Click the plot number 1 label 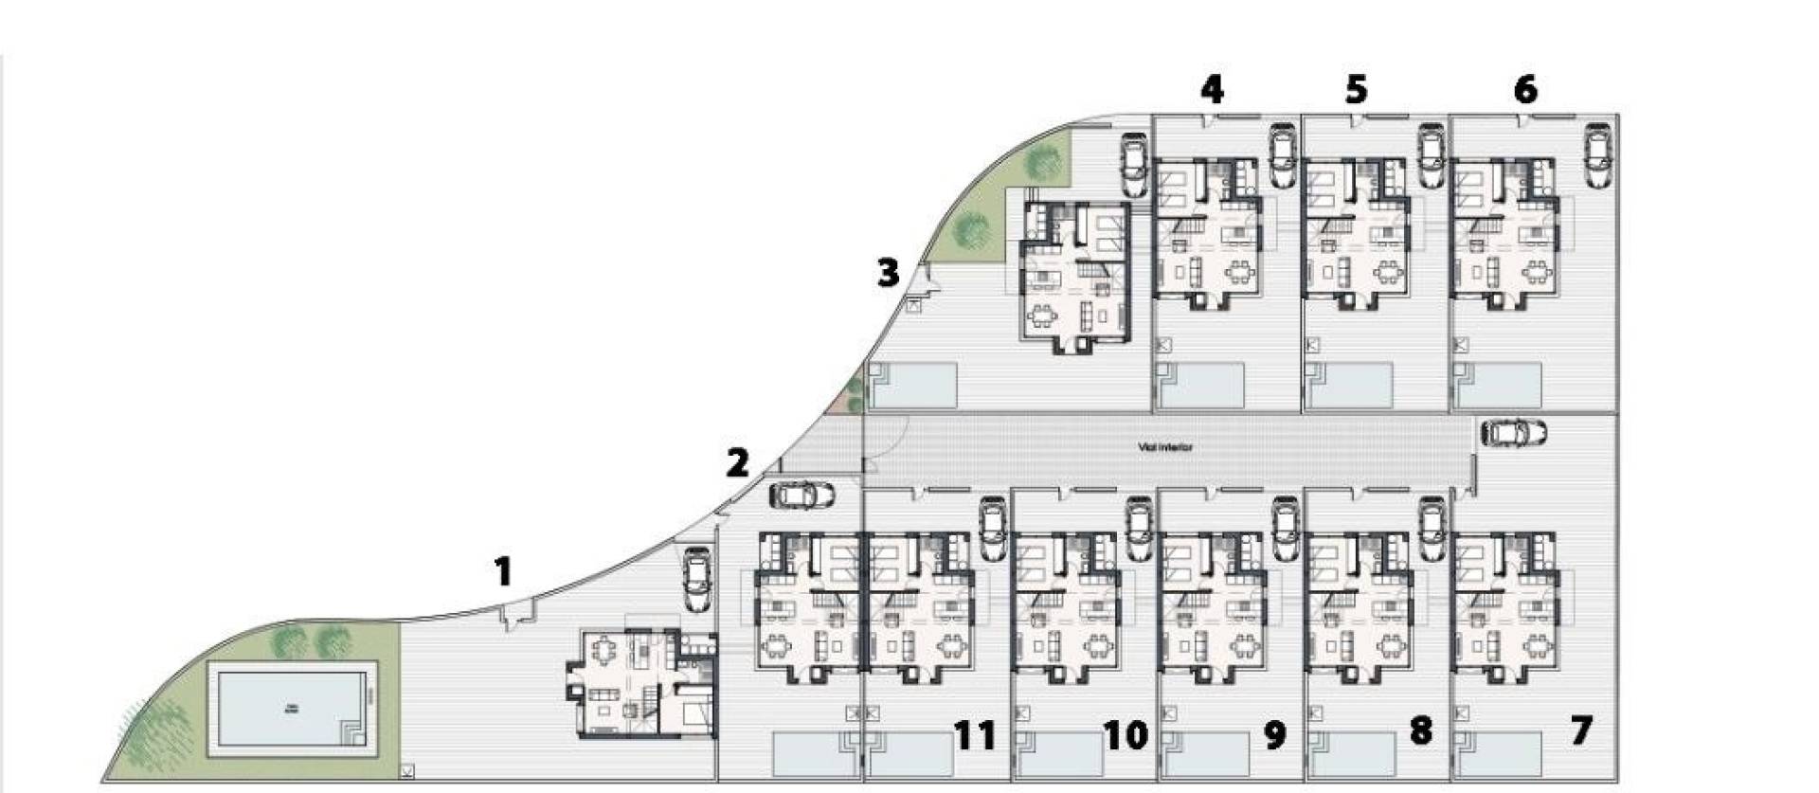503,571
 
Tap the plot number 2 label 737,463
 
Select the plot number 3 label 887,273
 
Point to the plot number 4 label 1212,89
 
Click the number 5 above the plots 1356,90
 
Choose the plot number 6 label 1525,89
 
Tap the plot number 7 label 1580,730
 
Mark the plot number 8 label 1420,730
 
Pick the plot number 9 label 1274,734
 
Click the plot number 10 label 1126,734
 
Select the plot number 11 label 975,734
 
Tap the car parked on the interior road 1514,433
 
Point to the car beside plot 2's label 802,495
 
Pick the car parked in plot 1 696,579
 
